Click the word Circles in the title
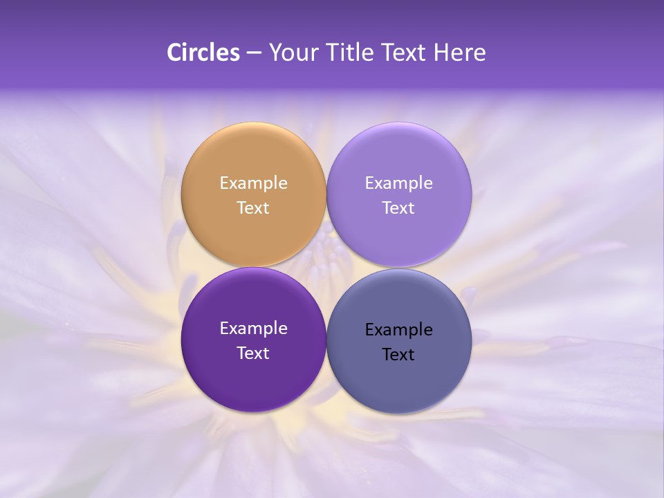(203, 53)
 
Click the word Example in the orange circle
(253, 183)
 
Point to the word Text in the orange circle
(253, 207)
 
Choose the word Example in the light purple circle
(398, 183)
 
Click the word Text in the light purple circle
(398, 207)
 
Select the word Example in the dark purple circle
(253, 329)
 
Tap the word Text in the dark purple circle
(253, 353)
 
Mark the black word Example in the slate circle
(398, 330)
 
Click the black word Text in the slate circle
(398, 354)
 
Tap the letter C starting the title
(174, 53)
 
